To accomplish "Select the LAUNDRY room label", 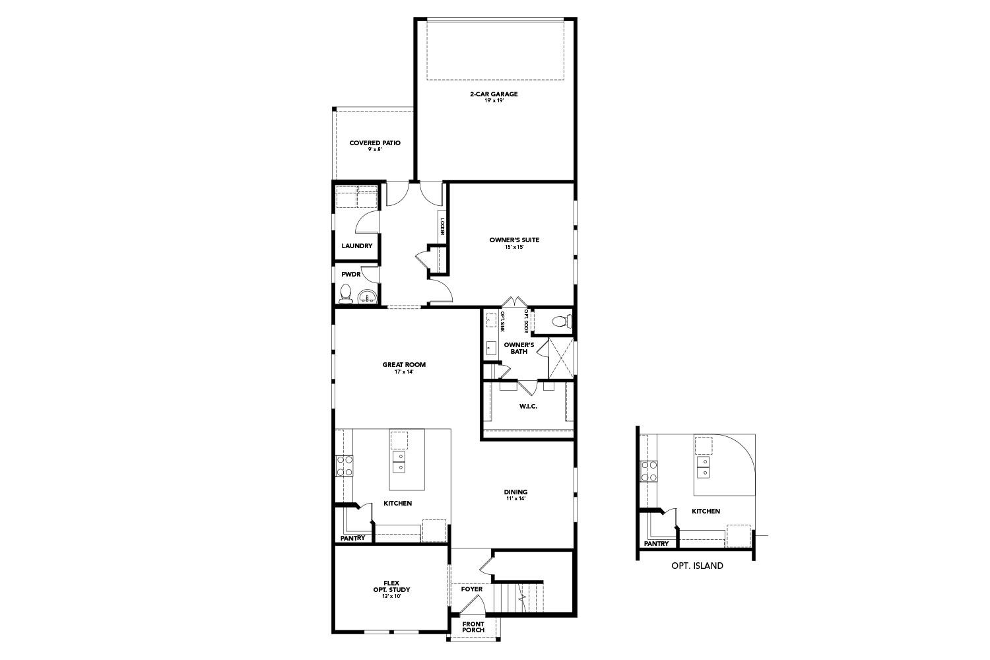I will [x=356, y=246].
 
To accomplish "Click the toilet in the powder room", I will [x=345, y=292].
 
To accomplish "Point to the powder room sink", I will [x=367, y=296].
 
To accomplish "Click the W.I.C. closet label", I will [x=528, y=406].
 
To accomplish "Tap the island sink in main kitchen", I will [x=399, y=461].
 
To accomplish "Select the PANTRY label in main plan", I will [x=352, y=539].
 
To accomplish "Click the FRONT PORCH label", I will [x=473, y=627].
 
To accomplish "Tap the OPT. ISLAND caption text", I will [x=697, y=566].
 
